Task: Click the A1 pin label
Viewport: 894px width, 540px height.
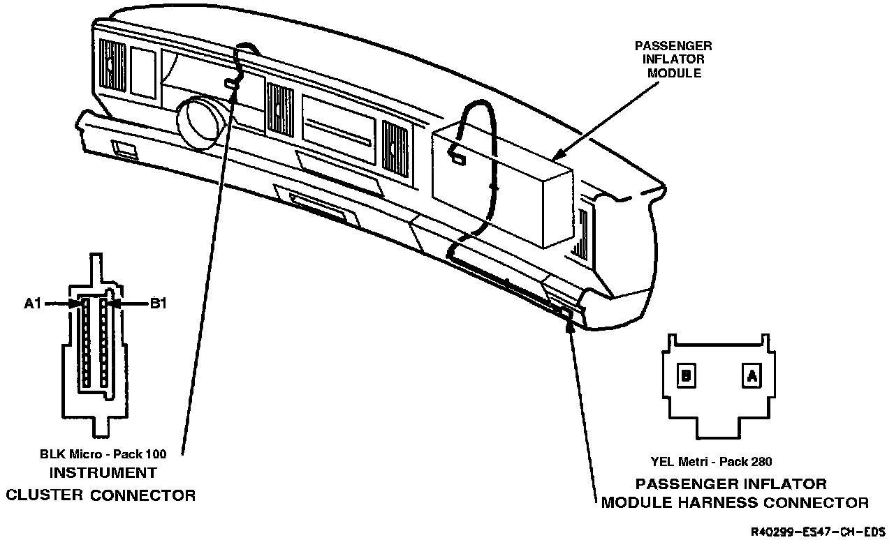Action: (x=34, y=303)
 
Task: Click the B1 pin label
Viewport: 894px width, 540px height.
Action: (x=158, y=303)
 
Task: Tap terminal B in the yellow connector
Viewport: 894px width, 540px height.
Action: (x=687, y=376)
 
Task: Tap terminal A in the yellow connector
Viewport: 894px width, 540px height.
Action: (x=751, y=376)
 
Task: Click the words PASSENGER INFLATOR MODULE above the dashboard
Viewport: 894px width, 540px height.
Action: (x=673, y=59)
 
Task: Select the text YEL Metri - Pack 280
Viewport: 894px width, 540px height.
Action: (x=710, y=461)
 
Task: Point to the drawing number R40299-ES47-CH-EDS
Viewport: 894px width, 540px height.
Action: (x=817, y=531)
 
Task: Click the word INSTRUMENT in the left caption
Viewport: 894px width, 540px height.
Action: (x=103, y=473)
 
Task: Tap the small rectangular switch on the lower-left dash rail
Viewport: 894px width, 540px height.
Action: (x=124, y=148)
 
